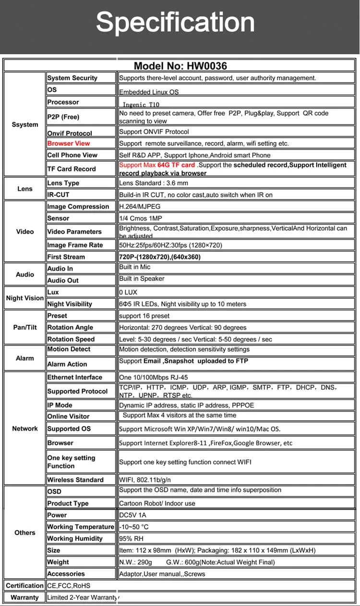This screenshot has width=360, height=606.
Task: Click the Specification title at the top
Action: pos(175,23)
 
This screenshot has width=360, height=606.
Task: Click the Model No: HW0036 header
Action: pos(180,66)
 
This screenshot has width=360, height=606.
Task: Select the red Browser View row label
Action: pos(69,143)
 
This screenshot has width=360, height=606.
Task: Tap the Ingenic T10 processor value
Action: pos(141,104)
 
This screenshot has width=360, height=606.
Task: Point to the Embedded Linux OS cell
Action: pos(149,92)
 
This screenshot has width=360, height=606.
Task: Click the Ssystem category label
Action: pos(25,125)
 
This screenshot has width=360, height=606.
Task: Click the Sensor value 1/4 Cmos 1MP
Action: pos(141,218)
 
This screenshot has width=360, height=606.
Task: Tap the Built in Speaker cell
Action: pos(142,279)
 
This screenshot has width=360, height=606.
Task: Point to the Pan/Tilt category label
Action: pos(25,327)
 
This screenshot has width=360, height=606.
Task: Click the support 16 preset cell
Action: pos(144,316)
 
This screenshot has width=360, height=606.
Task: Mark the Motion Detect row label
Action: pos(69,349)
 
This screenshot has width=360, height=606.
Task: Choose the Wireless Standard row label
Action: pos(75,480)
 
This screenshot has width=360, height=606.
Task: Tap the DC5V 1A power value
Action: pos(132,515)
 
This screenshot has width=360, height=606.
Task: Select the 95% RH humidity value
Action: pos(131,538)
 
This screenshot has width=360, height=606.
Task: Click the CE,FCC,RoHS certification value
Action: pos(69,585)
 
